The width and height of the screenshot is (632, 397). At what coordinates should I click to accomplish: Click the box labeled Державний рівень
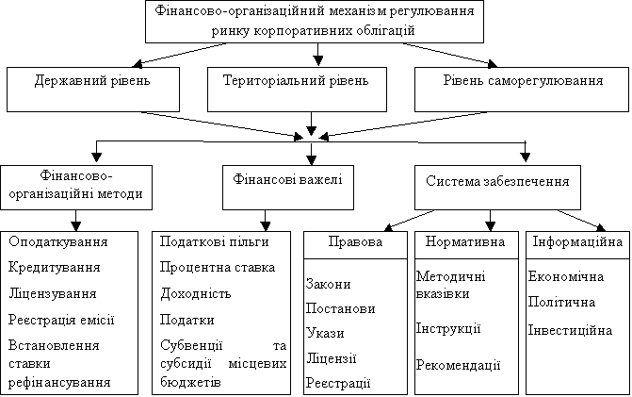click(93, 90)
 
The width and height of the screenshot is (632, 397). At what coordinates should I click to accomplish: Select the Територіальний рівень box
click(297, 90)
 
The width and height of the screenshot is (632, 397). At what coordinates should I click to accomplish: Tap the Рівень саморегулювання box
click(522, 90)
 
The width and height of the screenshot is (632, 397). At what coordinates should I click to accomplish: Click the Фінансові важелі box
click(288, 188)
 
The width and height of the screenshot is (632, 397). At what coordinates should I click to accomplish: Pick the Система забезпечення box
click(497, 188)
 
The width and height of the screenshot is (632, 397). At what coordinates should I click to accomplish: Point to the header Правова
click(355, 241)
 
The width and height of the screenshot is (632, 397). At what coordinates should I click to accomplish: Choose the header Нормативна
click(465, 241)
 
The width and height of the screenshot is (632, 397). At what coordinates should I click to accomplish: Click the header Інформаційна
click(577, 241)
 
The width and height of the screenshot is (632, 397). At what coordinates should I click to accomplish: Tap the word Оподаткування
click(58, 242)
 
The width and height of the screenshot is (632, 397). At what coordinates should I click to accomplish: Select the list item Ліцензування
click(53, 293)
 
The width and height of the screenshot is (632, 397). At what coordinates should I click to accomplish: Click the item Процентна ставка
click(218, 268)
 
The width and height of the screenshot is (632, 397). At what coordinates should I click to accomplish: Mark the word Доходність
click(196, 293)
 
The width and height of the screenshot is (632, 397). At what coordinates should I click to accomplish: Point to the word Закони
click(328, 284)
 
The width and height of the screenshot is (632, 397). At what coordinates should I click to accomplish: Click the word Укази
click(325, 333)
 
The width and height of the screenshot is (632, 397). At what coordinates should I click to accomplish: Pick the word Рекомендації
click(459, 365)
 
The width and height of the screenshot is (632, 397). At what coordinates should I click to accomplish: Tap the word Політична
click(562, 302)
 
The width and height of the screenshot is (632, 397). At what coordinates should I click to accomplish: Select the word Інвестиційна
click(571, 330)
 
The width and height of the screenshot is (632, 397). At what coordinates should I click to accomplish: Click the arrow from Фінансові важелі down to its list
click(266, 221)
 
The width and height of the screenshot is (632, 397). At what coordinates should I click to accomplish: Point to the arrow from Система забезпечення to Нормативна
click(490, 221)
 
